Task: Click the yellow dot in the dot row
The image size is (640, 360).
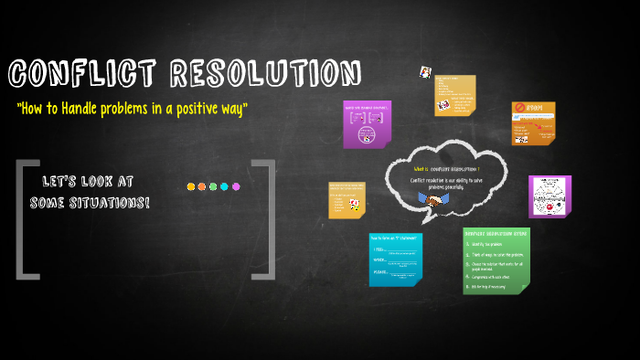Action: [191, 186]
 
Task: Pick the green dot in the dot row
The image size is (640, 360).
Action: [213, 186]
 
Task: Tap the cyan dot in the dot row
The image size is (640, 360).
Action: [224, 186]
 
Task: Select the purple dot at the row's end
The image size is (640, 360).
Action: [236, 186]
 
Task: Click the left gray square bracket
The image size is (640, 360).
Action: [25, 217]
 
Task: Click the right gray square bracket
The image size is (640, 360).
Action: [266, 217]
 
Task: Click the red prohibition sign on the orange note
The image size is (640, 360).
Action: [519, 109]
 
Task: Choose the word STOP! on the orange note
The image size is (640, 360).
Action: [536, 109]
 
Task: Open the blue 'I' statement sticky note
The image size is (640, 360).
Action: [396, 259]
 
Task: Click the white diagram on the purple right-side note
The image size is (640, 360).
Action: [549, 196]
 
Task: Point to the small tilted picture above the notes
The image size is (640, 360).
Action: [425, 71]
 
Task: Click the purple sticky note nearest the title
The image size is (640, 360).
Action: [367, 123]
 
